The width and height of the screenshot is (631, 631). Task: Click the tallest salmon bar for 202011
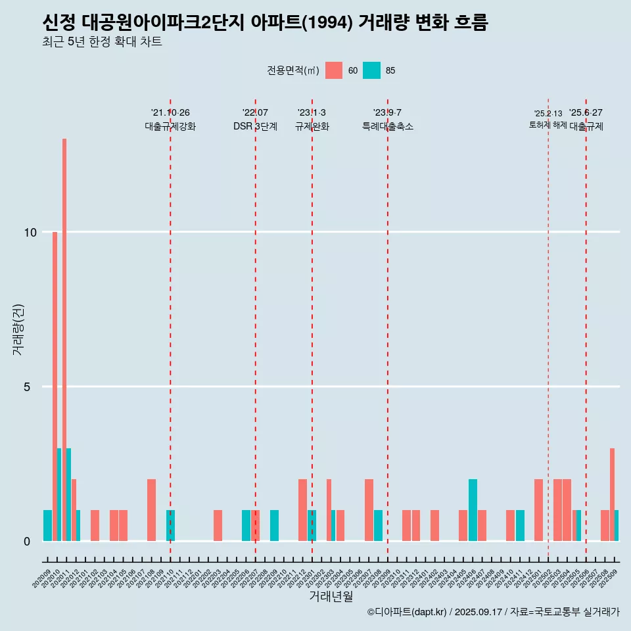(x=64, y=339)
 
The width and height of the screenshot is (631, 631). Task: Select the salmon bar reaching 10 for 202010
(x=55, y=386)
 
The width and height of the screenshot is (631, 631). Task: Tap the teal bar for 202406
(x=473, y=510)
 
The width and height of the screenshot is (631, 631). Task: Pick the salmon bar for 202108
(x=152, y=510)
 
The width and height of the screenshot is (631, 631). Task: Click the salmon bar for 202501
(x=539, y=510)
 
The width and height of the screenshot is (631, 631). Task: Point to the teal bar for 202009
(x=47, y=525)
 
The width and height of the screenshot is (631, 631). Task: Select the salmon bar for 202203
(x=218, y=525)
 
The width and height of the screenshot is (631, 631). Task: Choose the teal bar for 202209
(x=274, y=525)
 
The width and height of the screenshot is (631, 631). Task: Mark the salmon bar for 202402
(x=434, y=525)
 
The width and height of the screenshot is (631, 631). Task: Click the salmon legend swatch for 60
(x=334, y=70)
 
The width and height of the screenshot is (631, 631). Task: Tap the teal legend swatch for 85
(x=371, y=70)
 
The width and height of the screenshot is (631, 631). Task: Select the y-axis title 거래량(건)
(x=18, y=329)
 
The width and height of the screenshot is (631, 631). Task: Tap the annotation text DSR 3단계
(x=255, y=126)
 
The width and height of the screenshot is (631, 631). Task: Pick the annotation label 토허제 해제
(x=548, y=125)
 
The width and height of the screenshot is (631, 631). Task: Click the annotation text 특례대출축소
(x=387, y=126)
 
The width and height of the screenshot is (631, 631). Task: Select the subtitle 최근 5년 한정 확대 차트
(x=102, y=42)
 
